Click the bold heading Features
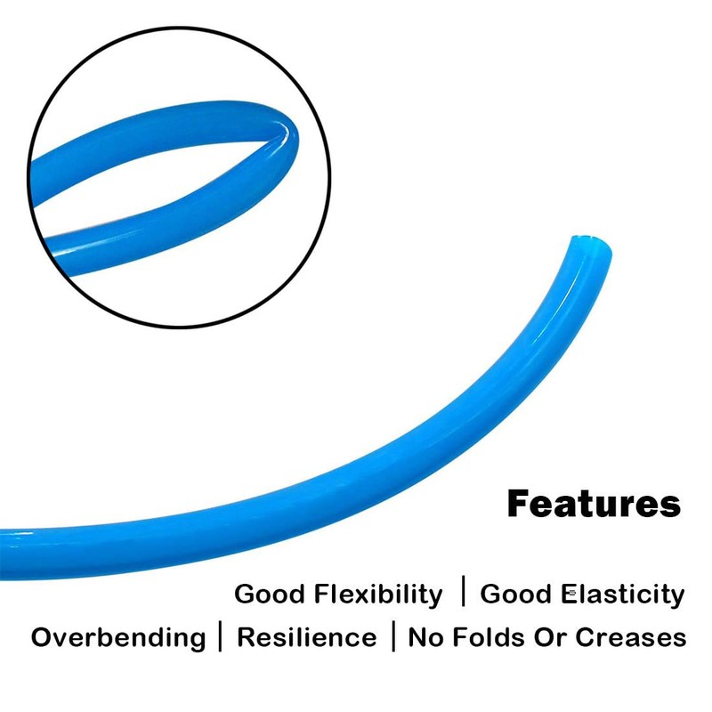(594, 504)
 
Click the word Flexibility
(377, 595)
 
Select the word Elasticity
(622, 595)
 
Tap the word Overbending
(118, 637)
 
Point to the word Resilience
(307, 637)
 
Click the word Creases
(631, 637)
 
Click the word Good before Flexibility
(270, 594)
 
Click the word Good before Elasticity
(515, 594)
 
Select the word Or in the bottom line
(550, 637)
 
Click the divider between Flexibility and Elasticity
(463, 591)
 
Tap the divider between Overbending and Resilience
(221, 636)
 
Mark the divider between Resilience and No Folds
(393, 636)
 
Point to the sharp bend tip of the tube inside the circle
(293, 132)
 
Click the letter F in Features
(520, 504)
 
